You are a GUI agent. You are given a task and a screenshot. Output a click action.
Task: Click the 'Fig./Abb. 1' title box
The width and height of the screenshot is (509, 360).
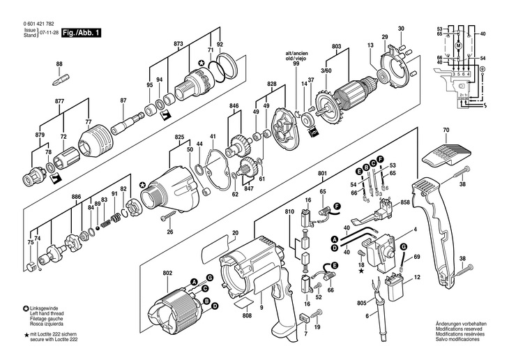tap(81, 33)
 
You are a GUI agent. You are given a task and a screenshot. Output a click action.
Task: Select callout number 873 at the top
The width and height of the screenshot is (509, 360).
tap(178, 44)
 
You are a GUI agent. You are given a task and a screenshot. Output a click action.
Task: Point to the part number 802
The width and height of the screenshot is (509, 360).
tap(167, 273)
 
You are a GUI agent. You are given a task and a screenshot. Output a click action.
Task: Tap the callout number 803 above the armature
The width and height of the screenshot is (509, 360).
tap(337, 47)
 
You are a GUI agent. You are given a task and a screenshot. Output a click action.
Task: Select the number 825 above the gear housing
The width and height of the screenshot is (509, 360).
tap(179, 137)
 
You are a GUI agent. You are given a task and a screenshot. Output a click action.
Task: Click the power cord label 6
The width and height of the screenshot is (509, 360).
tap(367, 316)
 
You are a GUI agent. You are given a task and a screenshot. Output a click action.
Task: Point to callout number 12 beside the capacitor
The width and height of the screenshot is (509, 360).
tap(417, 278)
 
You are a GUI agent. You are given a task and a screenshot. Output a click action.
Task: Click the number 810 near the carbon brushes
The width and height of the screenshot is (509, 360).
tap(289, 211)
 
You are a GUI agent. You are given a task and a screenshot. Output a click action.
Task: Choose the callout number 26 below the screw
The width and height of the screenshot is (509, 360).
tap(169, 232)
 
